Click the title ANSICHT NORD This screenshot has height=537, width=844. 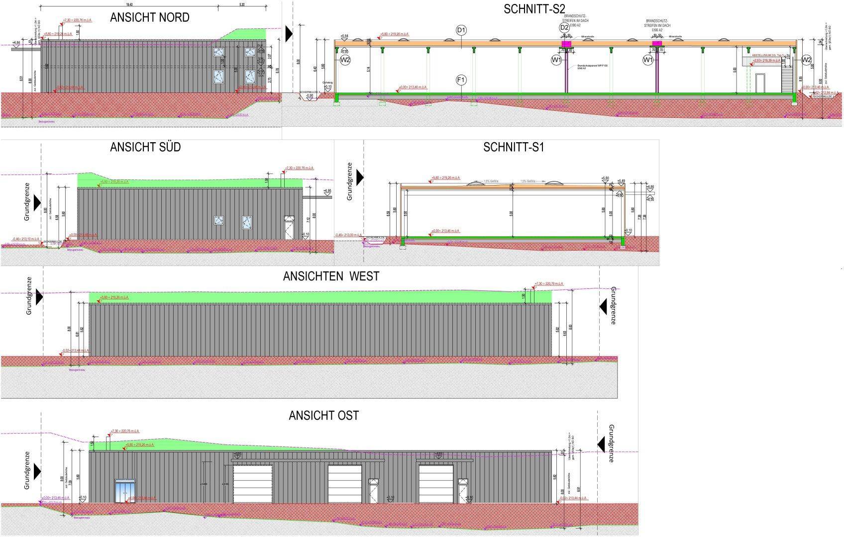pyautogui.click(x=149, y=18)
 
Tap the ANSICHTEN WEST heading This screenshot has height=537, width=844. pyautogui.click(x=331, y=276)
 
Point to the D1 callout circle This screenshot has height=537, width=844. pyautogui.click(x=461, y=30)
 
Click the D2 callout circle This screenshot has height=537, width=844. pyautogui.click(x=564, y=28)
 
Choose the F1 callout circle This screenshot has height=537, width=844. pyautogui.click(x=461, y=80)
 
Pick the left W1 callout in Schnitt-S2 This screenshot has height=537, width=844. pyautogui.click(x=557, y=60)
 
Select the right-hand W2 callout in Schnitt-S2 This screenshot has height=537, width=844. pyautogui.click(x=807, y=60)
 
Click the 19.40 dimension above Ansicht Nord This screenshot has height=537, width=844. pyautogui.click(x=129, y=4)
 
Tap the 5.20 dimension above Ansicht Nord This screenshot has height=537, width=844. pyautogui.click(x=242, y=4)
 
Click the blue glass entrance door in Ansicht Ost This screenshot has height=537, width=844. pyautogui.click(x=124, y=491)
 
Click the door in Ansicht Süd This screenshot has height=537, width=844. pyautogui.click(x=289, y=228)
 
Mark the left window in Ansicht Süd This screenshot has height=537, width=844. pyautogui.click(x=218, y=220)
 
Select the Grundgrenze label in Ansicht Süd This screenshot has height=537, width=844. pyautogui.click(x=27, y=202)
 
